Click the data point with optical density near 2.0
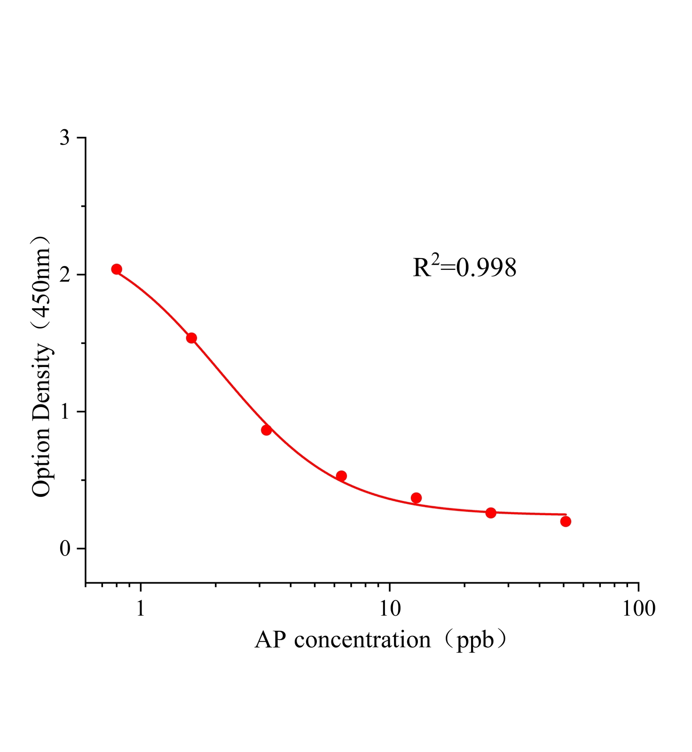tap(117, 269)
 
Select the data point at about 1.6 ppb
tap(191, 338)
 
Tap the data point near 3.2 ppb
tap(267, 430)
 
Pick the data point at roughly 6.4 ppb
tap(341, 476)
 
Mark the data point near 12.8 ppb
tap(416, 498)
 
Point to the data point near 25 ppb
tap(491, 513)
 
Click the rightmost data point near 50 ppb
tap(566, 521)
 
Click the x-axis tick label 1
tap(141, 609)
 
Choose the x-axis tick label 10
tap(390, 609)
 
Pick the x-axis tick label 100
tap(638, 609)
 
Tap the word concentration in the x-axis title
tap(362, 640)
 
